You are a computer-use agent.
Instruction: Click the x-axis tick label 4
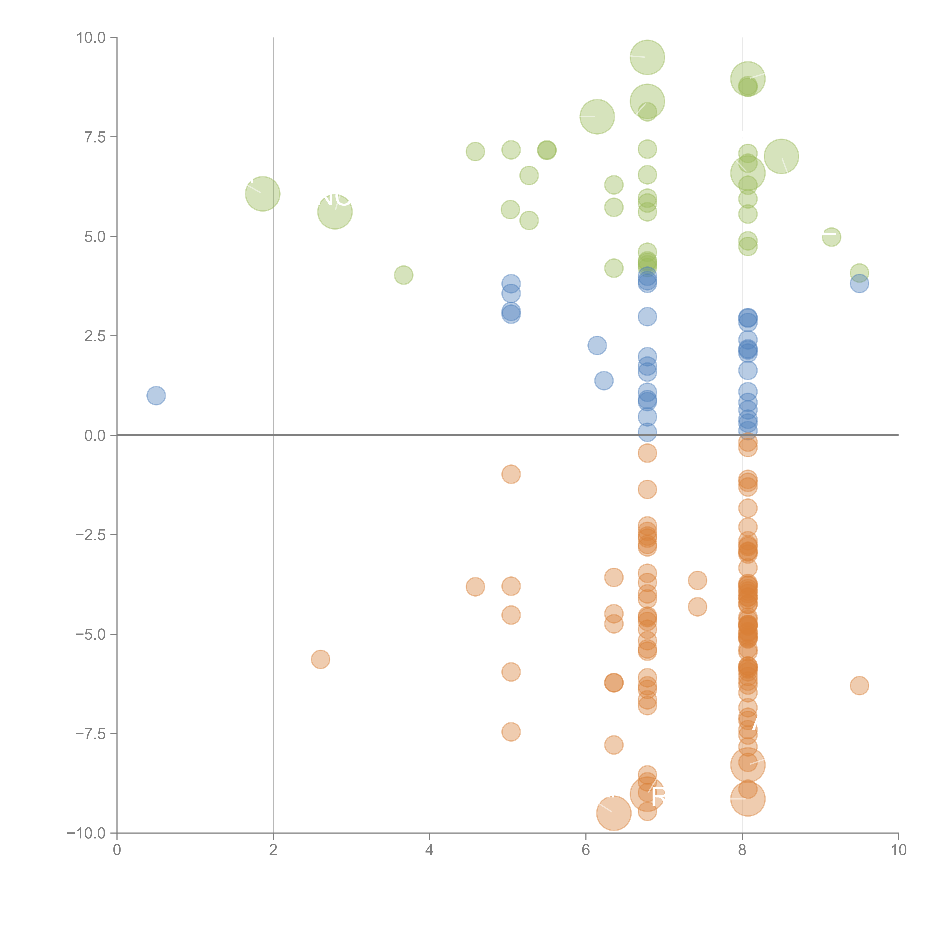tap(429, 850)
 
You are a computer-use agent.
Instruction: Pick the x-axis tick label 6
tap(586, 850)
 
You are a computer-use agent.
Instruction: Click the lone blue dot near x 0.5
tap(156, 396)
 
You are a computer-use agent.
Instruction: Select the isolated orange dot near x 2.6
tap(320, 659)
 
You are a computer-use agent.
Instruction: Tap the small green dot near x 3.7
tap(404, 275)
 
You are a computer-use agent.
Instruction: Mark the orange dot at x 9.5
tap(859, 686)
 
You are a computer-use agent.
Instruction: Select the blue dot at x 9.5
tap(859, 284)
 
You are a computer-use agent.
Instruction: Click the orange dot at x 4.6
tap(475, 587)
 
